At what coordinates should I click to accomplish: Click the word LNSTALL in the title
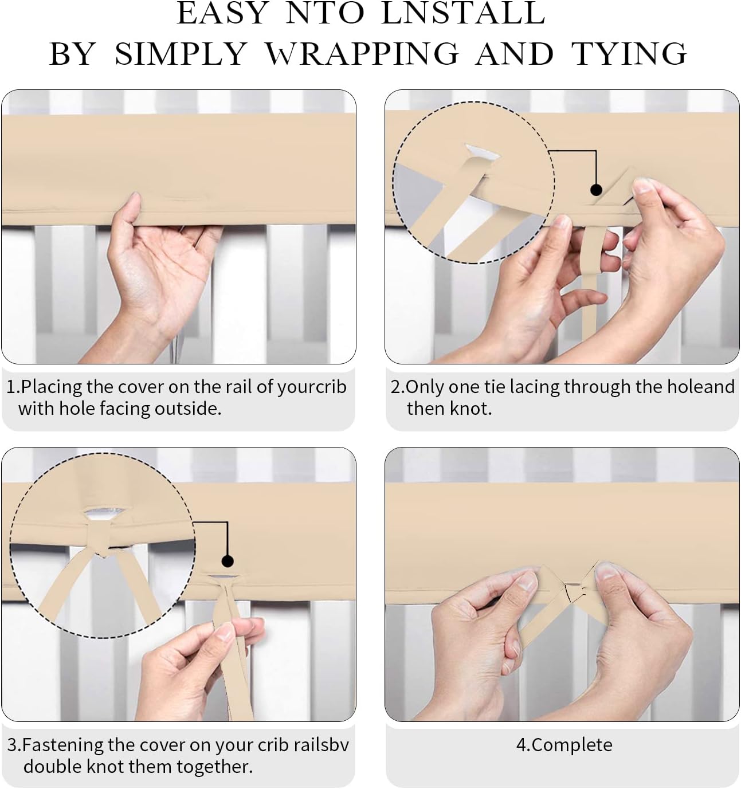(463, 14)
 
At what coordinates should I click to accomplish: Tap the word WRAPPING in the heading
(362, 54)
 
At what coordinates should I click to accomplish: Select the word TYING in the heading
(629, 54)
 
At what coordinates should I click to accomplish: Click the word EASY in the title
(222, 14)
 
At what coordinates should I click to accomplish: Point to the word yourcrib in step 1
(312, 387)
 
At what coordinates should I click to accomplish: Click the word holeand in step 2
(701, 387)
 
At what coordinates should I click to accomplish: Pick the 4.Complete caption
(564, 745)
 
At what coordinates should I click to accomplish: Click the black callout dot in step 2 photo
(596, 190)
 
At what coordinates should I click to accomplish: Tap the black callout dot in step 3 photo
(228, 562)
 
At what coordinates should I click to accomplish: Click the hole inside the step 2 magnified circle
(482, 152)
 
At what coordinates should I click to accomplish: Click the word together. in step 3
(215, 767)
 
